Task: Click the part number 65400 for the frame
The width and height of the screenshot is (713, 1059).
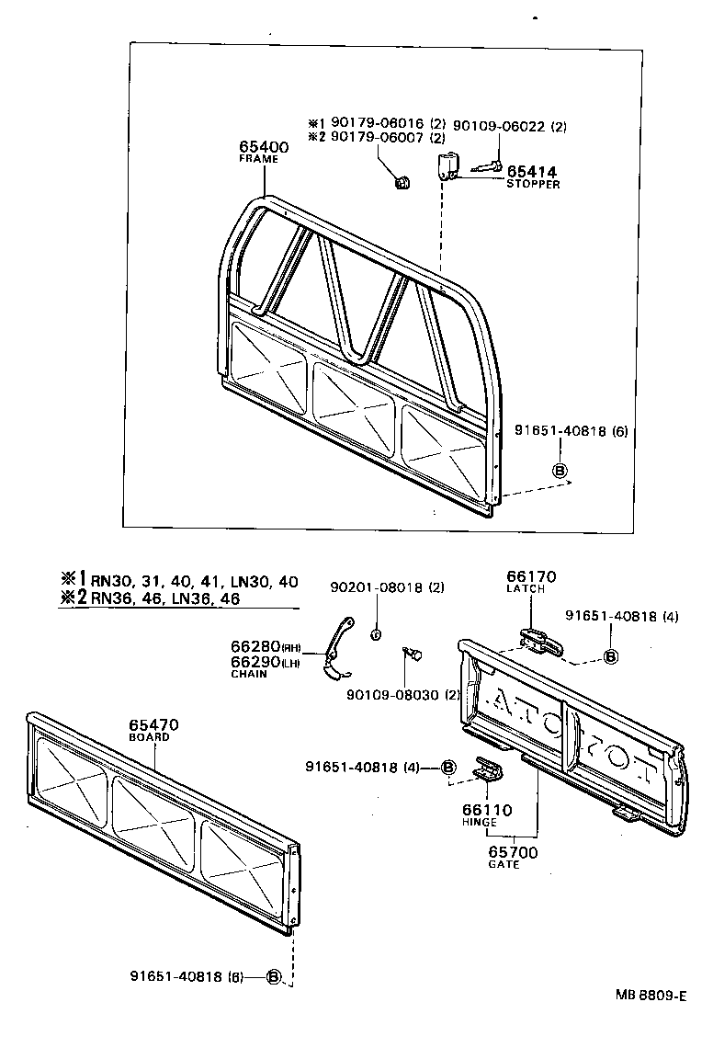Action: pyautogui.click(x=264, y=146)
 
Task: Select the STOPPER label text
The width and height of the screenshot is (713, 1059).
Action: pyautogui.click(x=533, y=184)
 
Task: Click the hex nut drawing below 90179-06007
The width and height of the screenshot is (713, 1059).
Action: pyautogui.click(x=402, y=183)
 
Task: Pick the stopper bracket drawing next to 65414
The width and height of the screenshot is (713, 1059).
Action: pyautogui.click(x=447, y=167)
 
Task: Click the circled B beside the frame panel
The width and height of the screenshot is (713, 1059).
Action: pyautogui.click(x=558, y=471)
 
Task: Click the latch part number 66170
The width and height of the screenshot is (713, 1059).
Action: pyautogui.click(x=531, y=576)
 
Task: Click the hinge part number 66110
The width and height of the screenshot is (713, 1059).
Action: pyautogui.click(x=487, y=810)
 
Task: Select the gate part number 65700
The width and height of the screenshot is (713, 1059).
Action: pyautogui.click(x=513, y=852)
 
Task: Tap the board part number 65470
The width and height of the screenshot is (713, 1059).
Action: pyautogui.click(x=153, y=725)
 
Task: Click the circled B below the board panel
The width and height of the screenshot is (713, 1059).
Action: pyautogui.click(x=273, y=976)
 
